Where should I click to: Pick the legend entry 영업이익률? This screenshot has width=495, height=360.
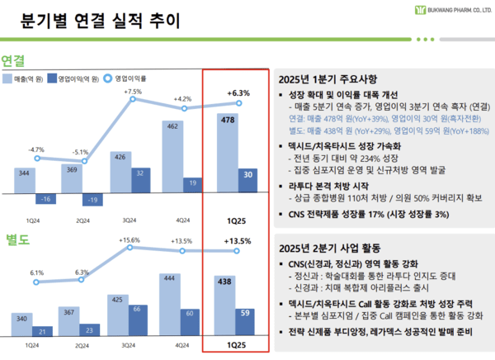pos(131,79)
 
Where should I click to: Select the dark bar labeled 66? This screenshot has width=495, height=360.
pos(137,320)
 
